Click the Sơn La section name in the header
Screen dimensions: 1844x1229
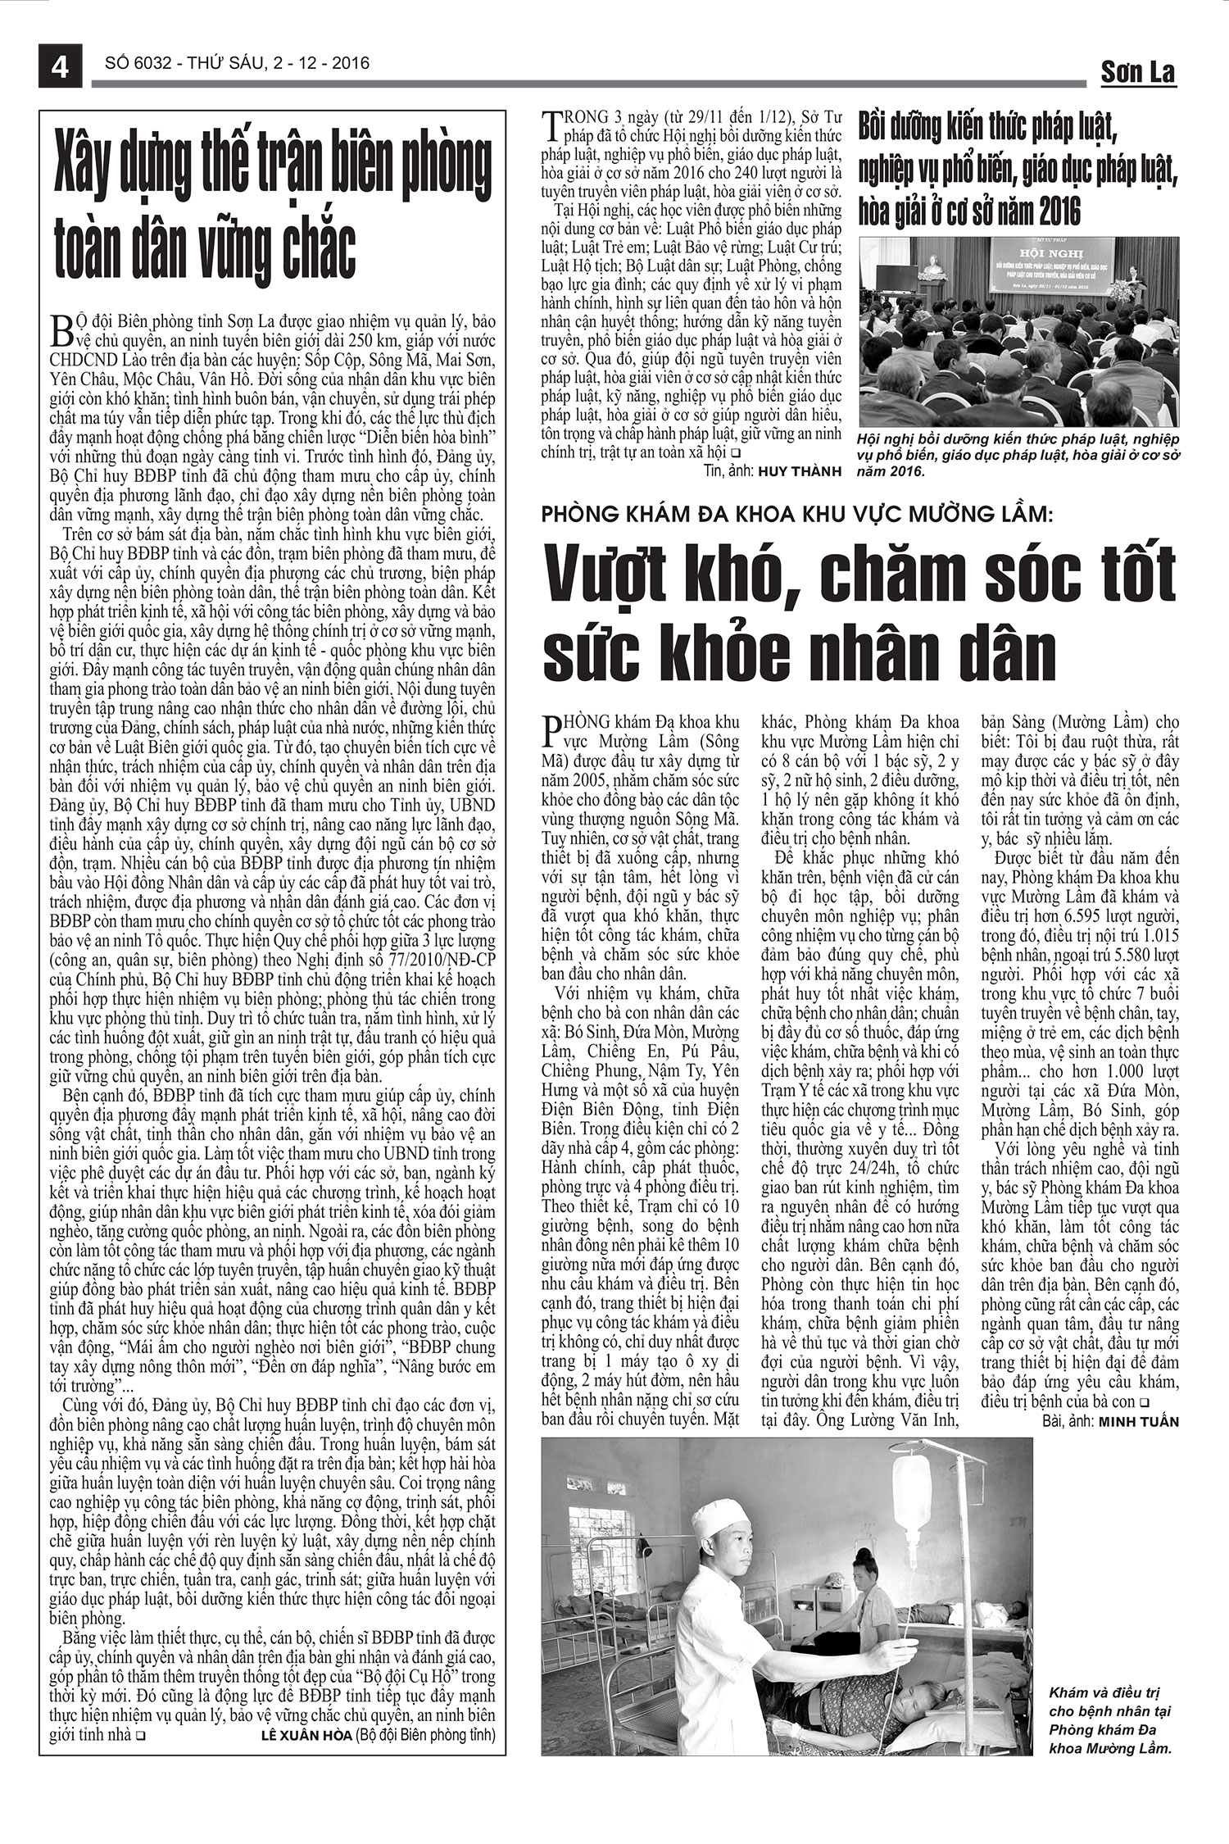pos(1136,72)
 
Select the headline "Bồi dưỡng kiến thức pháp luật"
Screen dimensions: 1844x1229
pos(988,129)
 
